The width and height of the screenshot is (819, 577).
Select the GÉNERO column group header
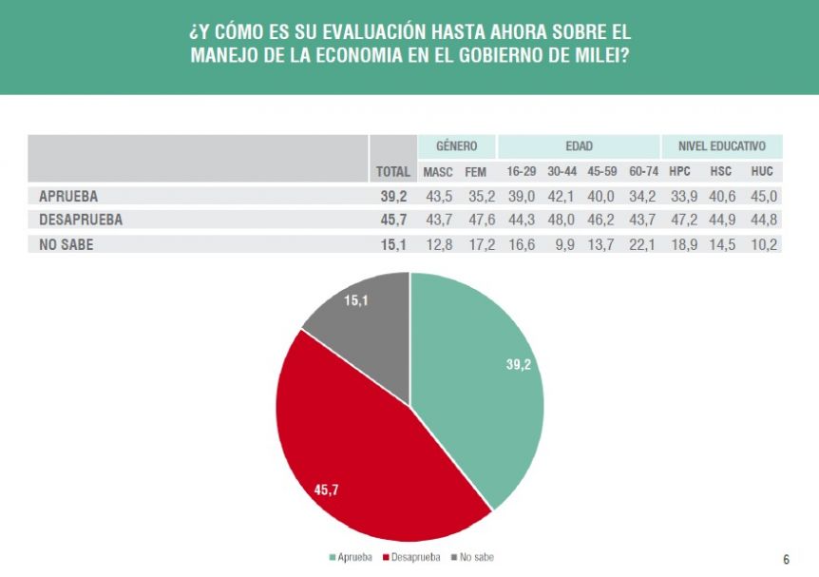click(x=456, y=146)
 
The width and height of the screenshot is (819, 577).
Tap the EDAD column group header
click(x=579, y=146)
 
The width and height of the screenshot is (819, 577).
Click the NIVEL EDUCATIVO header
click(x=722, y=146)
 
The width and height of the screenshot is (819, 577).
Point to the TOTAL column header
click(x=393, y=172)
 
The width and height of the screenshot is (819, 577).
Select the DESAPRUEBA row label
click(x=81, y=220)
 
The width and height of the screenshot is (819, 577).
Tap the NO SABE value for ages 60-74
click(x=643, y=243)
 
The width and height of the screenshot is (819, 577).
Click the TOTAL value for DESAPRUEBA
click(x=394, y=220)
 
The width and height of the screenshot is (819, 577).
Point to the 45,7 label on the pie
click(x=327, y=490)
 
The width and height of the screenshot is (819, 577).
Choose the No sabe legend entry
click(x=472, y=557)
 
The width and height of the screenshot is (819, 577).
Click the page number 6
click(x=786, y=559)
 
